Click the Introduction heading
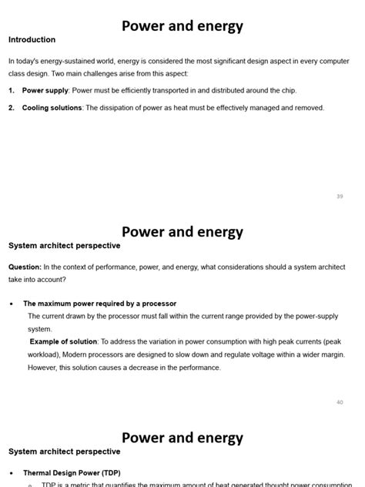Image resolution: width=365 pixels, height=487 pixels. [32, 39]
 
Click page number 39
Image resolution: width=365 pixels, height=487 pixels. [340, 196]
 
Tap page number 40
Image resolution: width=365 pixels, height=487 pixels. [340, 402]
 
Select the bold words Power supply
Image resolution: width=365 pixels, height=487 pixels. [45, 91]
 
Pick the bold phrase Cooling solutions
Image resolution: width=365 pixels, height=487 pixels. [52, 108]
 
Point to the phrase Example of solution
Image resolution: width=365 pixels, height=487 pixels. [64, 341]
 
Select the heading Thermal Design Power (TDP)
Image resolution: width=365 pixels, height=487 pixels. [72, 472]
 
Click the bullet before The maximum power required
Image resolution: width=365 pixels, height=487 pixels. [12, 304]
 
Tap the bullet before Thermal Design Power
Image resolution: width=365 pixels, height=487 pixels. [12, 473]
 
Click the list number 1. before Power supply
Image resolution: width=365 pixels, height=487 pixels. [12, 91]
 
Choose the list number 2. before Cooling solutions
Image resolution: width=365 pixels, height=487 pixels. [12, 108]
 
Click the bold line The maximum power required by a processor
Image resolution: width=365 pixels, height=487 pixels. [99, 304]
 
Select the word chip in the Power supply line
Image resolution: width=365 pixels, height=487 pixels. [287, 91]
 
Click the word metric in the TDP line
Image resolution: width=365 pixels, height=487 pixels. [85, 485]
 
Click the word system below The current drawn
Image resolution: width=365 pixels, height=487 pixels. [39, 329]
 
